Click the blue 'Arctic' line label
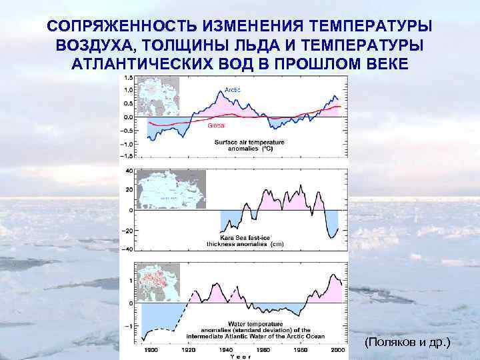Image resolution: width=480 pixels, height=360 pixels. (233, 89)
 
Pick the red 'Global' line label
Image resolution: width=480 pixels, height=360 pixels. (217, 125)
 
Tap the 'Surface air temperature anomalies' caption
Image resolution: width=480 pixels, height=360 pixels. (249, 145)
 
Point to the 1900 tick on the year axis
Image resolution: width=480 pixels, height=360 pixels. (150, 349)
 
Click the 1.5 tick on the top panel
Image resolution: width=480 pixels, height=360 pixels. (128, 77)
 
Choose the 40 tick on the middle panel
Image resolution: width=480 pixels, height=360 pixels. (129, 171)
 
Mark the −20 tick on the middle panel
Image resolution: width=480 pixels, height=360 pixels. (127, 231)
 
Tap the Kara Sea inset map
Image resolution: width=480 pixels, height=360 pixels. (171, 189)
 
